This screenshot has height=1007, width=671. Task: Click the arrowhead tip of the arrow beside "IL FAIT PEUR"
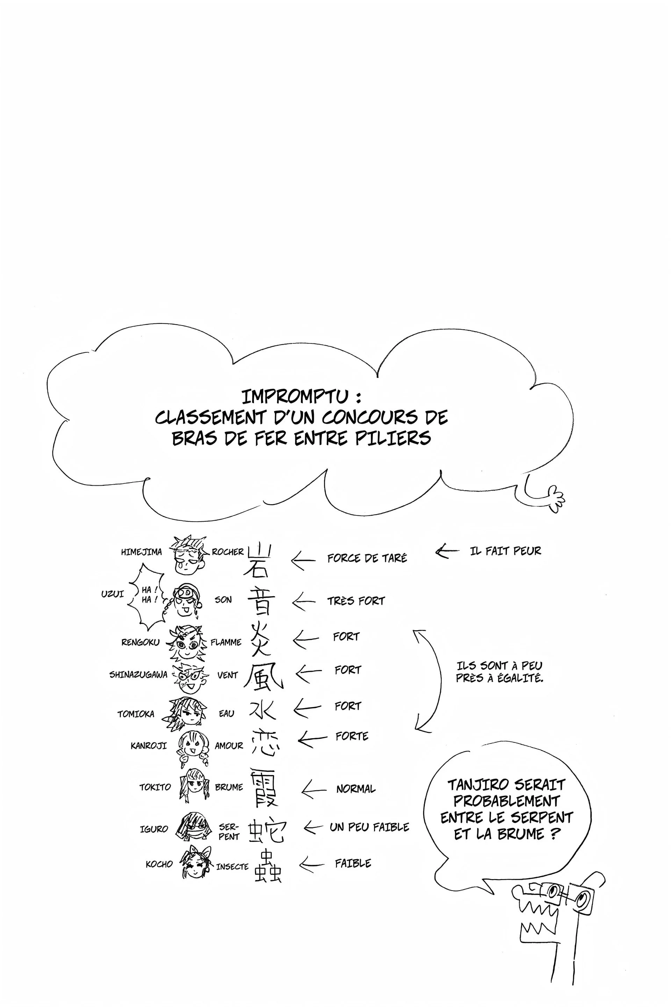(x=436, y=551)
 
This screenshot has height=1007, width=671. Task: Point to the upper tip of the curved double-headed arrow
(x=414, y=631)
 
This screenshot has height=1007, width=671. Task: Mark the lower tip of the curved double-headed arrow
(x=416, y=729)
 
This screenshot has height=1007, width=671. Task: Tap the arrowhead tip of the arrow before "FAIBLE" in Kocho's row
(x=300, y=864)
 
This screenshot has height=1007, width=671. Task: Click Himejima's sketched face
(x=188, y=555)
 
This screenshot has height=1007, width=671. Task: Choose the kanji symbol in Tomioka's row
(x=262, y=709)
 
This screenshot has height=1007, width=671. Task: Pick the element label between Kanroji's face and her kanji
(x=229, y=746)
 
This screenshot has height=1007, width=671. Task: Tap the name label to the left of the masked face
(x=154, y=829)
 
